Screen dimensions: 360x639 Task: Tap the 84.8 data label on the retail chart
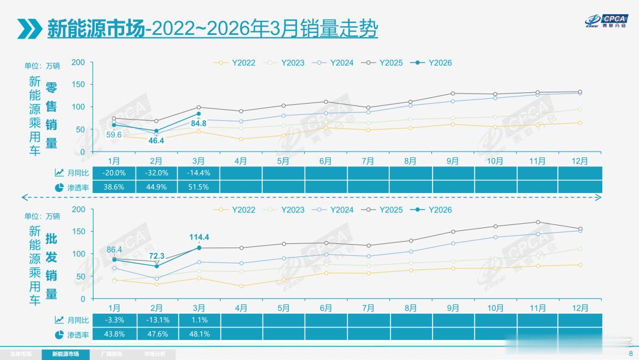[x=199, y=124]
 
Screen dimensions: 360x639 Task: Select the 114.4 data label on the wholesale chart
[x=199, y=237]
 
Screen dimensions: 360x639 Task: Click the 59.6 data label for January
[x=114, y=135]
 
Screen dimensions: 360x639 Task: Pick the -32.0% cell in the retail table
[x=156, y=173]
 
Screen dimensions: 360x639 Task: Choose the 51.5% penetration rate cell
[x=199, y=187]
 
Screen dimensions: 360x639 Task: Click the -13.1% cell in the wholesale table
[x=156, y=320]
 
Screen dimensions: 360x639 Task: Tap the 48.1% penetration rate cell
[x=199, y=334]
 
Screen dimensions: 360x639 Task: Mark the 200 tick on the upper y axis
[x=78, y=62]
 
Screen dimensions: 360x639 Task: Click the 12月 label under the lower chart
[x=580, y=308]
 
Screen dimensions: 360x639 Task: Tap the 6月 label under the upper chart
[x=325, y=161]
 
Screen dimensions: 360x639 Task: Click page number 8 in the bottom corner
[x=631, y=353]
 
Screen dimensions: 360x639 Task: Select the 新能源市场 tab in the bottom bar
[x=68, y=354]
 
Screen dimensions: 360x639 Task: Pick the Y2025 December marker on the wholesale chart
[x=580, y=229]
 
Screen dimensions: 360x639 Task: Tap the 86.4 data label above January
[x=114, y=250]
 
